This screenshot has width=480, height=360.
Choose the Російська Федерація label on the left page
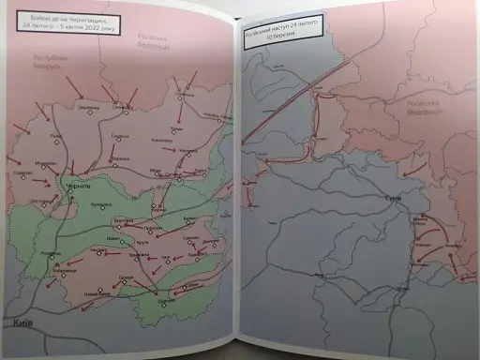pyautogui.click(x=152, y=42)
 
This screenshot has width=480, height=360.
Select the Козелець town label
pyautogui.click(x=52, y=254)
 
